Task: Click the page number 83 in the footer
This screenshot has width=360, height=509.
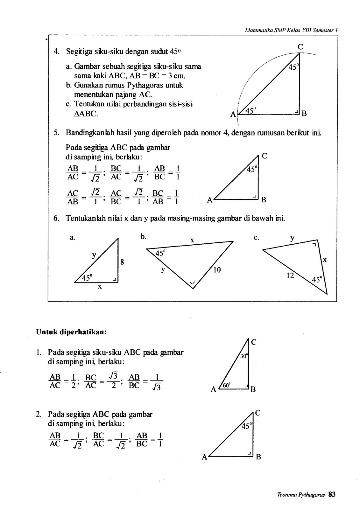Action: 332,494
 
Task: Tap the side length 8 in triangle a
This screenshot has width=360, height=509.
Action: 122,262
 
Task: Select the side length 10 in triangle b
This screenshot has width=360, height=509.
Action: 217,270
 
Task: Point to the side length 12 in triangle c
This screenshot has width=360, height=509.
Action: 290,275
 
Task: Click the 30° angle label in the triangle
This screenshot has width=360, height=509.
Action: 244,356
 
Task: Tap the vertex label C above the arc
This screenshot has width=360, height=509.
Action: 300,47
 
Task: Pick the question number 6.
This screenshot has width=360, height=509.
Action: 56,218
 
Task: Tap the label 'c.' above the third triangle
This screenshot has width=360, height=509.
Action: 257,237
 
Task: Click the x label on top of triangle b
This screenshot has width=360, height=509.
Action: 192,241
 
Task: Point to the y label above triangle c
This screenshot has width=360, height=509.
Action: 292,238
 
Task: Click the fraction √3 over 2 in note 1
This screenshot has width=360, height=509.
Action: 110,380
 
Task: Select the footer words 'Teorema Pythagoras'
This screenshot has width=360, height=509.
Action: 301,495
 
